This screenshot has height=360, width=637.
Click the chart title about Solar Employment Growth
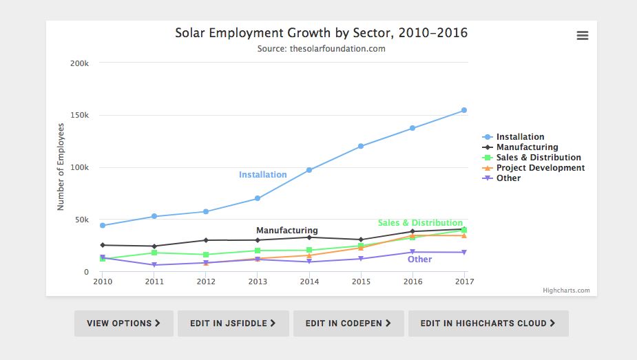[x=321, y=33]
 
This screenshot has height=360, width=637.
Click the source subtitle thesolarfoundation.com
[x=321, y=49]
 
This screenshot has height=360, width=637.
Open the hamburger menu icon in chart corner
[x=583, y=36]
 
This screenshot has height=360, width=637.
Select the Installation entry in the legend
[x=520, y=137]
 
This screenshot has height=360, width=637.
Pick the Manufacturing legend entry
[x=527, y=147]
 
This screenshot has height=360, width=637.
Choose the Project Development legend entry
[x=540, y=168]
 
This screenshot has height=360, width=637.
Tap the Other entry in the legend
[x=508, y=178]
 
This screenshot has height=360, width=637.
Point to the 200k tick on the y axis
[x=80, y=63]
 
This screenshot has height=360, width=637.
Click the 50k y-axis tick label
[x=82, y=220]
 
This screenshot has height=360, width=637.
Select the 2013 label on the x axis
[x=258, y=282]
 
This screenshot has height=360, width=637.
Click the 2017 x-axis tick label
[x=465, y=282]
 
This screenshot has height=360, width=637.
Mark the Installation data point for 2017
[x=464, y=110]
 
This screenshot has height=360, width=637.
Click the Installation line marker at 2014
[x=309, y=170]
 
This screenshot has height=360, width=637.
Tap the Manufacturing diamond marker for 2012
[x=206, y=240]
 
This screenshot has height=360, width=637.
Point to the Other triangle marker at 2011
[x=154, y=265]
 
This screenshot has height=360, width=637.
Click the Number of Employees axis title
[x=61, y=167]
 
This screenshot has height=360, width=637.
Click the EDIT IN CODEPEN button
[x=348, y=323]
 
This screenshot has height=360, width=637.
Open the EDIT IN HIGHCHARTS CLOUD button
[x=488, y=323]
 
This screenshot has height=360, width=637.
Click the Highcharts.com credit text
[x=566, y=290]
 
